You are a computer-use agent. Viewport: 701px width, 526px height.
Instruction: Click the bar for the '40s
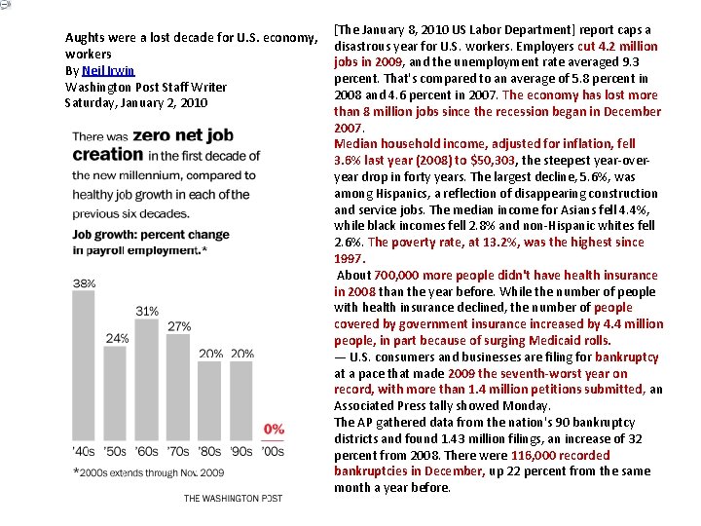click(85, 365)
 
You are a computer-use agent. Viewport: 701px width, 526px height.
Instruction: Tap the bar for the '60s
click(147, 379)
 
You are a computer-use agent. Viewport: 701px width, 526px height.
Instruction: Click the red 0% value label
click(274, 429)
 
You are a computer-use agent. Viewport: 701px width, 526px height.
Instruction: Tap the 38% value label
click(85, 283)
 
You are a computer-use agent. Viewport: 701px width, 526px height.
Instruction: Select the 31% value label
click(147, 311)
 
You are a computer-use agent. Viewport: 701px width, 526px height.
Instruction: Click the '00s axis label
click(274, 452)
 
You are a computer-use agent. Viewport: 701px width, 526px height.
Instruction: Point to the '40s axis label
click(85, 452)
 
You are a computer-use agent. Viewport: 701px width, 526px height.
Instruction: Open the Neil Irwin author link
click(107, 71)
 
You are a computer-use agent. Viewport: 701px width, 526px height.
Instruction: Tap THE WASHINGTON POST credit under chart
click(233, 499)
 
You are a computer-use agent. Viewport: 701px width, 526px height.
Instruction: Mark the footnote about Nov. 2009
click(148, 472)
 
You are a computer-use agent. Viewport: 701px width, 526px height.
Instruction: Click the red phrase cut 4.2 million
click(617, 46)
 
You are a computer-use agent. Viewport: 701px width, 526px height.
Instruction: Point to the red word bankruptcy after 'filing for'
click(626, 357)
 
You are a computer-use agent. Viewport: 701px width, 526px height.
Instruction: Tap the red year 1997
click(349, 259)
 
